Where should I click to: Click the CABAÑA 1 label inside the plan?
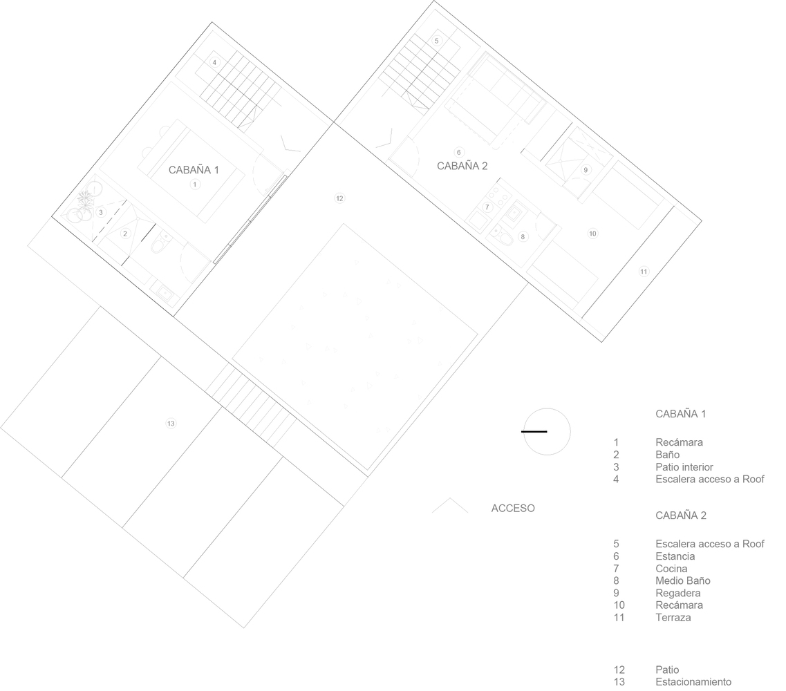click(194, 170)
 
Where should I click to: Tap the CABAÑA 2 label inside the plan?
click(462, 166)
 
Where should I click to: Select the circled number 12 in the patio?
click(339, 198)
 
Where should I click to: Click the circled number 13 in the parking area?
click(171, 424)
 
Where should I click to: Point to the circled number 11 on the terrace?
click(644, 272)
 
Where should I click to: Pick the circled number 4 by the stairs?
click(214, 63)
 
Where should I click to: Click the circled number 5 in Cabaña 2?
click(437, 41)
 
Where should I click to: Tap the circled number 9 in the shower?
click(586, 170)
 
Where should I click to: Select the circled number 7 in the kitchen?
click(487, 207)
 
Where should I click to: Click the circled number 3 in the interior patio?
click(101, 212)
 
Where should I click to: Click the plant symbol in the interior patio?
click(85, 200)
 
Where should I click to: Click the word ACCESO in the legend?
click(513, 508)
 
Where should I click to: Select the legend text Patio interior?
click(684, 467)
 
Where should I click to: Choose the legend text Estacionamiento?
click(693, 682)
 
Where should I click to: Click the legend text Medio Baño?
click(683, 580)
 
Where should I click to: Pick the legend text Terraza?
click(673, 617)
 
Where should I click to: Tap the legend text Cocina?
click(671, 569)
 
